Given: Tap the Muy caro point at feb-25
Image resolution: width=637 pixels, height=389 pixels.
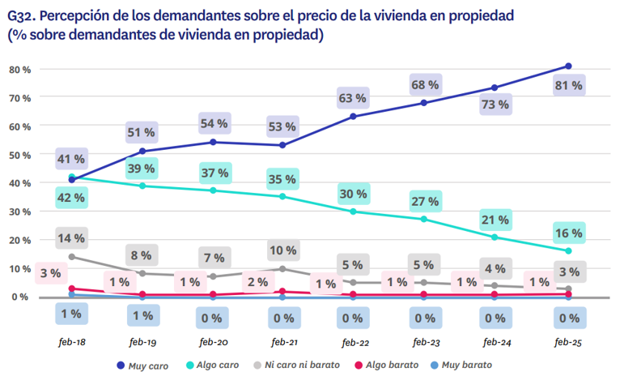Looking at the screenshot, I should pyautogui.click(x=568, y=66).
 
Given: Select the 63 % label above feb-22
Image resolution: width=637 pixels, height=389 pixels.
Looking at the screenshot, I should pyautogui.click(x=352, y=98).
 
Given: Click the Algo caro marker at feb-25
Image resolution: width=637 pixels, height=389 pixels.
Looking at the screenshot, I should pyautogui.click(x=568, y=250).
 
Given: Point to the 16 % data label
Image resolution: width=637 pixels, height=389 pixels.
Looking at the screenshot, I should pyautogui.click(x=568, y=233).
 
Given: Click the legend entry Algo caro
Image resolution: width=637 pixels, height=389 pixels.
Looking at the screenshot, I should pyautogui.click(x=213, y=365).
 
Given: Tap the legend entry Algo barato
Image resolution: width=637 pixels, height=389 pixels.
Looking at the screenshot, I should pyautogui.click(x=386, y=365).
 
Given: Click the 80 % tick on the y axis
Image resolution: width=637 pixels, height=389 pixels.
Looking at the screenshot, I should pyautogui.click(x=20, y=70).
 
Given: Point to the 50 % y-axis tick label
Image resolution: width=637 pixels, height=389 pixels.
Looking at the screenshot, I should pyautogui.click(x=20, y=155).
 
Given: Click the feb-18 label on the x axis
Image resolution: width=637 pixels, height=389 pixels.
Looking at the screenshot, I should pyautogui.click(x=71, y=343).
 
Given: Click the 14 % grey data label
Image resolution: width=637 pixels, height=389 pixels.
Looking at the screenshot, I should pyautogui.click(x=71, y=238).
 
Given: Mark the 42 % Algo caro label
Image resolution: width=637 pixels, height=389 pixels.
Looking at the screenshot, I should pyautogui.click(x=71, y=197).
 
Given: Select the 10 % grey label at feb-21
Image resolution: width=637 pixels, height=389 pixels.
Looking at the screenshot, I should pyautogui.click(x=282, y=250).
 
